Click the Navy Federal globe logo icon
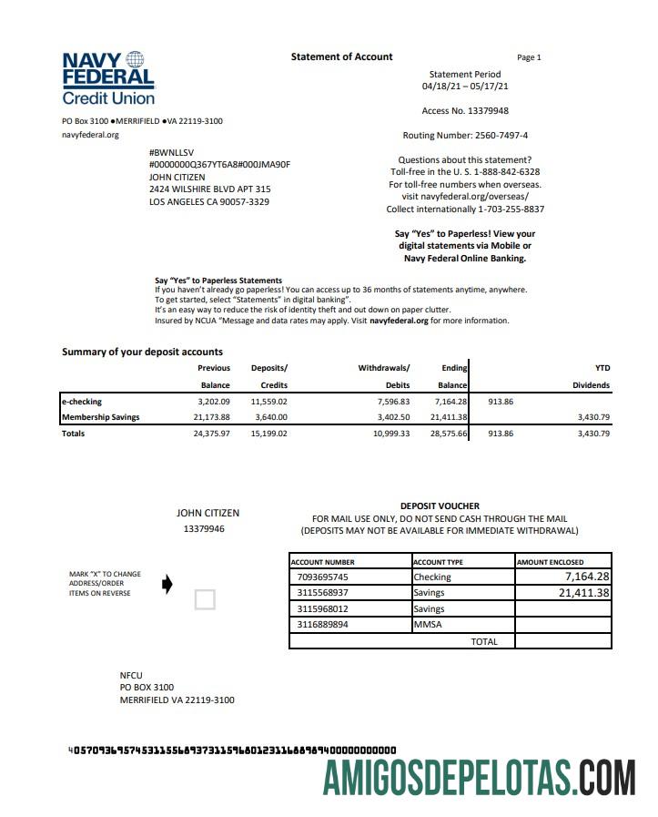[135, 59]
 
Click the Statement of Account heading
[341, 56]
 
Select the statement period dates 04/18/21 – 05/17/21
[464, 87]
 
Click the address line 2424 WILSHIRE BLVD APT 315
[209, 189]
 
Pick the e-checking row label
[82, 401]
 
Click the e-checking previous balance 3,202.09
[214, 401]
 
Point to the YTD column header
[602, 368]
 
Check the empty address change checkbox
[206, 599]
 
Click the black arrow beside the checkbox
[167, 585]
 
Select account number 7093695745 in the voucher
[323, 577]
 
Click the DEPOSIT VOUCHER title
[440, 506]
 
